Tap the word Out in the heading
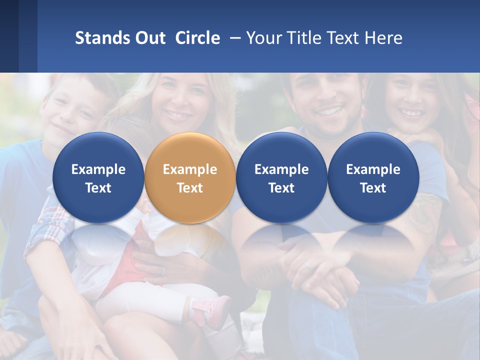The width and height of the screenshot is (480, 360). pos(148,38)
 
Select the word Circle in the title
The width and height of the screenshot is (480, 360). pos(197,38)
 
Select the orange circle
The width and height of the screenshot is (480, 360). pos(190,177)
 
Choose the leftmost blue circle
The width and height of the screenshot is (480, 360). pos(98,177)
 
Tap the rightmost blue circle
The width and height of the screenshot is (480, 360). pos(373,177)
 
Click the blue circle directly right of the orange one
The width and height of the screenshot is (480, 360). pos(281,177)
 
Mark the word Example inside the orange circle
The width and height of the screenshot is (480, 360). pos(190,169)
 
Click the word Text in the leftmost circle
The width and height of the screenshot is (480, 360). pos(98,188)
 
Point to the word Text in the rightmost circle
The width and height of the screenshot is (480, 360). pos(373,188)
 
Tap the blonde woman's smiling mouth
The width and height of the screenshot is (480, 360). pos(178,114)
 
